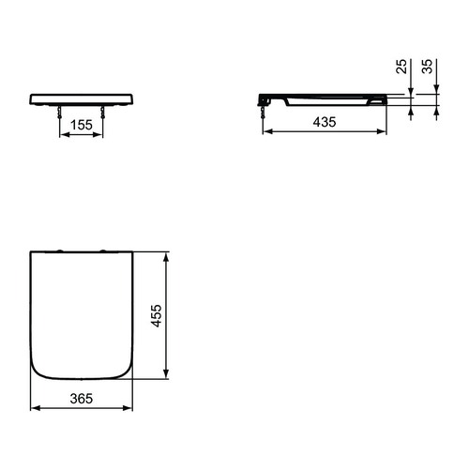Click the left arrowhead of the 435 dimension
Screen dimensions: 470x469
point(264,132)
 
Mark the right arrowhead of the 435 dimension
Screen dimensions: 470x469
point(387,132)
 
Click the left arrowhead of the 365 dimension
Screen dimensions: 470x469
point(33,409)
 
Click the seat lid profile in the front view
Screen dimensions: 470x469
point(83,98)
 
